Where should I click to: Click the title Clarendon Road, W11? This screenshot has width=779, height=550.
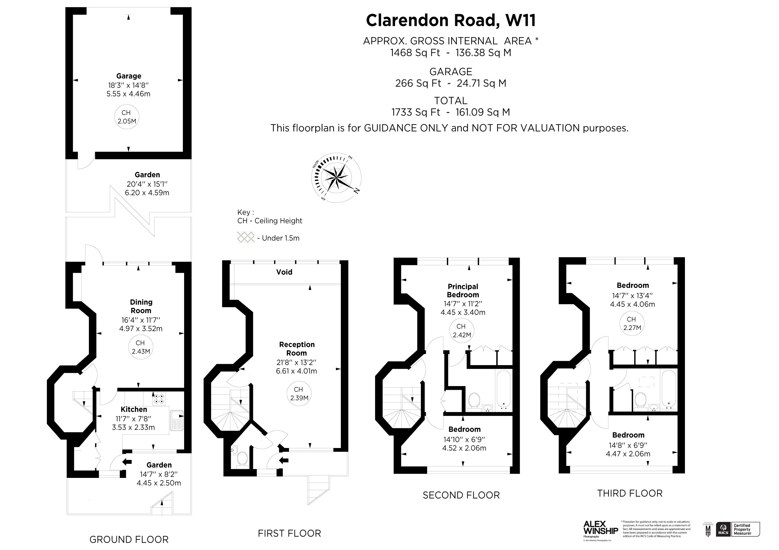pyautogui.click(x=451, y=20)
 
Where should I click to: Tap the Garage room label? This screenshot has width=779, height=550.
pyautogui.click(x=129, y=76)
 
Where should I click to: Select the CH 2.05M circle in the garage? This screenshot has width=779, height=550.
pyautogui.click(x=126, y=117)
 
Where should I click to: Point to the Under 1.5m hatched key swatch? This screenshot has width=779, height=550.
pyautogui.click(x=245, y=237)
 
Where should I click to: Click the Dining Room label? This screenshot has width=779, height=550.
pyautogui.click(x=141, y=306)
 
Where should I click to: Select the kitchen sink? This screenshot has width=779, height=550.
pyautogui.click(x=176, y=421)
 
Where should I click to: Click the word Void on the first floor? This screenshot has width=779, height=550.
pyautogui.click(x=284, y=272)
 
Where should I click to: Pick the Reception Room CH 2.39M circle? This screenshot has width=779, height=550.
pyautogui.click(x=299, y=394)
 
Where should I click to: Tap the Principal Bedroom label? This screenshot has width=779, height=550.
pyautogui.click(x=463, y=291)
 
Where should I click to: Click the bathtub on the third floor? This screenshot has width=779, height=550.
pyautogui.click(x=668, y=389)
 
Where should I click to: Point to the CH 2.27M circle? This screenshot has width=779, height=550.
pyautogui.click(x=632, y=323)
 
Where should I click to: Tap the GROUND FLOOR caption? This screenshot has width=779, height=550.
pyautogui.click(x=129, y=539)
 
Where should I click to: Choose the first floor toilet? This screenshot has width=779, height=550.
pyautogui.click(x=242, y=458)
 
